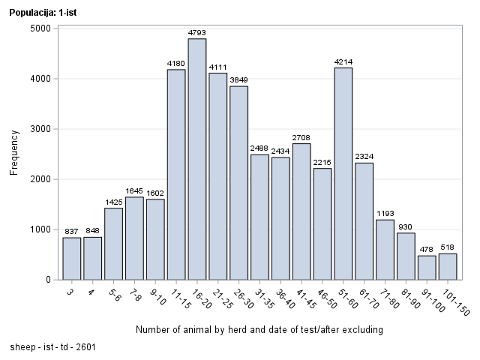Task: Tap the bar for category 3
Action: click(x=72, y=258)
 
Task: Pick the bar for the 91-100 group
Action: click(x=427, y=267)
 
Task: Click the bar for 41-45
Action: click(x=301, y=211)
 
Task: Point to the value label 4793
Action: click(x=197, y=32)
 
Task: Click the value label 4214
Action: click(x=343, y=61)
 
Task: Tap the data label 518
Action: click(x=448, y=247)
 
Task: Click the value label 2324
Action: click(x=364, y=156)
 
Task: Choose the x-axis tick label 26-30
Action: click(x=241, y=298)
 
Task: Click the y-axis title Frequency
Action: click(x=13, y=153)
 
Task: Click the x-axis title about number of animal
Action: click(x=259, y=330)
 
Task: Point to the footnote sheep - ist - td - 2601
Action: click(x=52, y=348)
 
